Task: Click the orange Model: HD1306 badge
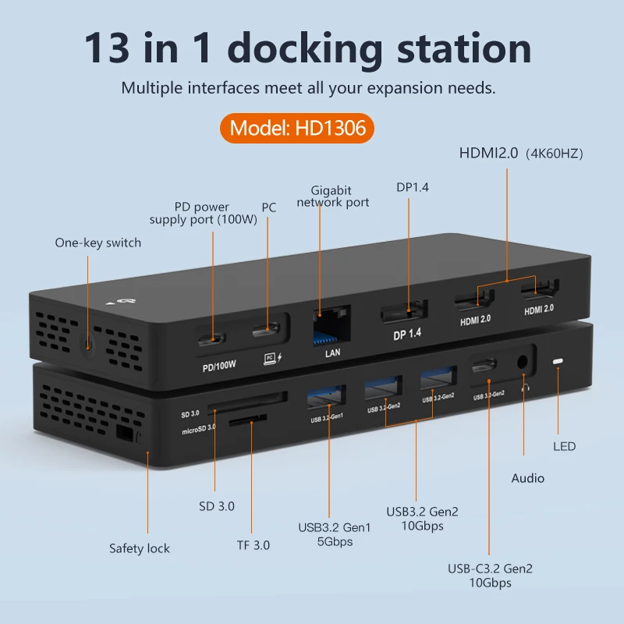click(297, 128)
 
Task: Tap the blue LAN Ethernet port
click(331, 325)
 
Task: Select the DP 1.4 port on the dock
click(404, 311)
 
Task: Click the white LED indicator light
click(558, 361)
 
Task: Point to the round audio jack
click(522, 362)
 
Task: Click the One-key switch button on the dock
click(88, 343)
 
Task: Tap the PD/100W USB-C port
click(211, 339)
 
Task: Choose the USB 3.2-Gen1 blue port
click(326, 397)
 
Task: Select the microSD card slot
click(247, 420)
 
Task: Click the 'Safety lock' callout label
click(140, 548)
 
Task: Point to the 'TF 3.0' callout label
click(253, 545)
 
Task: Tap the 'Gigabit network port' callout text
click(333, 197)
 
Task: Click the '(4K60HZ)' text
click(555, 154)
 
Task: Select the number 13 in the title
click(107, 48)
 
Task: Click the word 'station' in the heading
click(464, 48)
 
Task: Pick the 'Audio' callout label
click(528, 478)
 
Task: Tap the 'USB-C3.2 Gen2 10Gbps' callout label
click(490, 576)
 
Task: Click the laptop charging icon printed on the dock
click(272, 358)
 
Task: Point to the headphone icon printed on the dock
click(525, 387)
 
